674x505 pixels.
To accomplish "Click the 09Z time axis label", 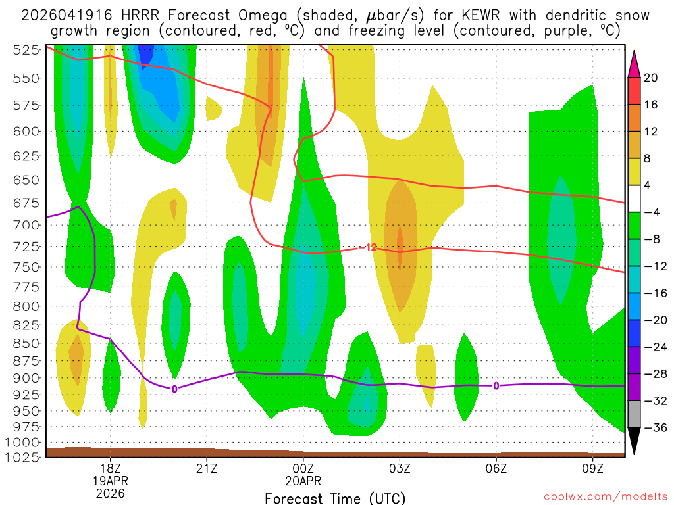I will pos(593,468).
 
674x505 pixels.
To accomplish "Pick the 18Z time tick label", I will pos(110,468).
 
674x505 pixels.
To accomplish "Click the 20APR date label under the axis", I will pos(303,480).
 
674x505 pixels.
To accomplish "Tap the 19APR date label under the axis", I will pos(110,480).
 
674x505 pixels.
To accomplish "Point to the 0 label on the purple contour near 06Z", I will pos(496,385).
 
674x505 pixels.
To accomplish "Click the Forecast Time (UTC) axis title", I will pos(335,498).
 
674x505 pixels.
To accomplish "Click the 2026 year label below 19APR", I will pos(110,492).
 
